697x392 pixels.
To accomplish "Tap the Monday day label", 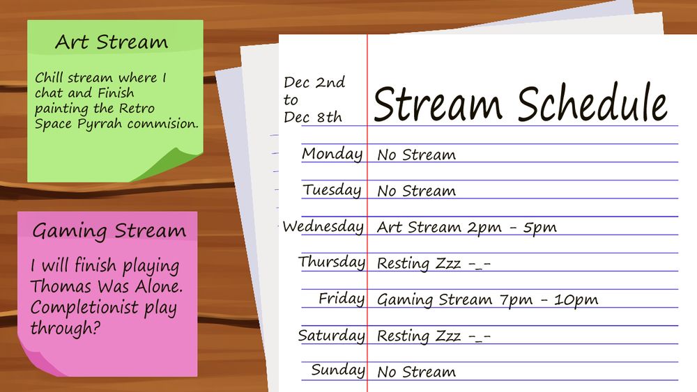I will coord(332,155).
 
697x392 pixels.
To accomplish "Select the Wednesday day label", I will coord(323,227).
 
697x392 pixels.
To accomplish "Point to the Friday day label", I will coord(342,299).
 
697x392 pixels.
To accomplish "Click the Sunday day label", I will coord(338,370).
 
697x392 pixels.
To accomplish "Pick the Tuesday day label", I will coord(332,190).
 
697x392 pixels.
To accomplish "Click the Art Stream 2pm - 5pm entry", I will coord(466,227).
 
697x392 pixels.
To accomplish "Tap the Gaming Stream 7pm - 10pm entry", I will coord(487,300).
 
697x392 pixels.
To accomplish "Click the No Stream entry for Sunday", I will coord(416,372).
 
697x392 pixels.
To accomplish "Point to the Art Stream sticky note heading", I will coord(112,42).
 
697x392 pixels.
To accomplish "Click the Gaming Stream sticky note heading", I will coord(109,230).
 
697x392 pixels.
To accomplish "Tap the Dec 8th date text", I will coord(312,117).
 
